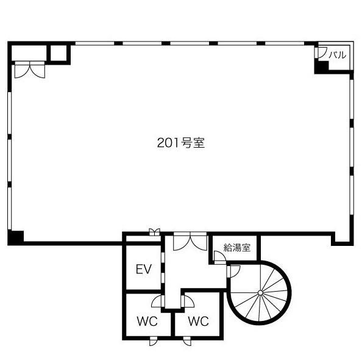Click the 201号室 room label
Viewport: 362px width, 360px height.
point(181,143)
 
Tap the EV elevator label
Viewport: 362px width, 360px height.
point(144,269)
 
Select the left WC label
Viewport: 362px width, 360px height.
point(147,321)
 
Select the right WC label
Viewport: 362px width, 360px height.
point(198,321)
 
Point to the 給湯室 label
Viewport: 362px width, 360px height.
point(237,248)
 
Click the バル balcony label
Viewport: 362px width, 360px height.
point(338,55)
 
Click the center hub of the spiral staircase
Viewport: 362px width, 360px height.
point(260,293)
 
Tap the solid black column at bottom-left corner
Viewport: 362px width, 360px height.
point(16,237)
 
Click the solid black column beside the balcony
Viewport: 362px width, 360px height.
point(321,67)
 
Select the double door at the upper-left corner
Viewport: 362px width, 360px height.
point(30,70)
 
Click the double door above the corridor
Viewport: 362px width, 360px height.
point(190,242)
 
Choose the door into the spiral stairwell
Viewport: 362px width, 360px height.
point(233,272)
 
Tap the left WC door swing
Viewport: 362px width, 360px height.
point(158,301)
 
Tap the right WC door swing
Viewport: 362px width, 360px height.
point(188,301)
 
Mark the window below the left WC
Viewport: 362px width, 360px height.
point(154,341)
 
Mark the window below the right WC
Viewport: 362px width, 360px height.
point(187,341)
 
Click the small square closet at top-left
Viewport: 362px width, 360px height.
point(59,53)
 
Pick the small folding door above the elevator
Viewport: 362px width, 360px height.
point(154,232)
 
